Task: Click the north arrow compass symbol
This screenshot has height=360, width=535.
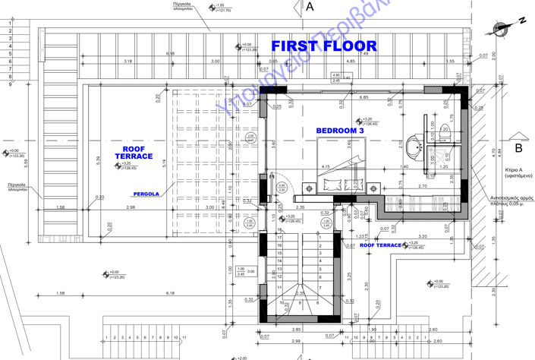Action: point(502,28)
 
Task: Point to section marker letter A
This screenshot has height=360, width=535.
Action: point(310,8)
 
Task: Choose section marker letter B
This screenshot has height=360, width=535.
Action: point(519,147)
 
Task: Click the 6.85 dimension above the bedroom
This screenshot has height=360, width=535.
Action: point(364,97)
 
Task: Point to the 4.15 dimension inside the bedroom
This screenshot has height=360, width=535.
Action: point(326,167)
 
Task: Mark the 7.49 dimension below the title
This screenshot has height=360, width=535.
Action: point(364,53)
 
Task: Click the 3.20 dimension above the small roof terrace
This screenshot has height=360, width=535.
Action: point(422,236)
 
